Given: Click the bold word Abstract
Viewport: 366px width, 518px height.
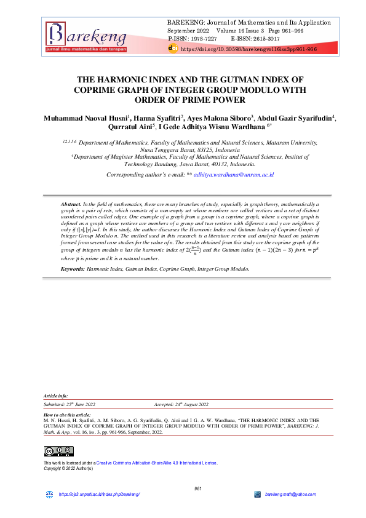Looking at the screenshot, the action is pyautogui.click(x=71, y=203).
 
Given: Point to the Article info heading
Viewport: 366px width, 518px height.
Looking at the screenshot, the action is pyautogui.click(x=56, y=396).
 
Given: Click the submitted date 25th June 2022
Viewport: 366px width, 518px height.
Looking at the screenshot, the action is pyautogui.click(x=79, y=404).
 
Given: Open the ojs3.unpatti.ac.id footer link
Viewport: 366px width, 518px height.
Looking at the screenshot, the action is pyautogui.click(x=99, y=495).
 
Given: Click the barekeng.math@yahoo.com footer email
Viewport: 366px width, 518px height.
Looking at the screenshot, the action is pyautogui.click(x=290, y=495).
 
